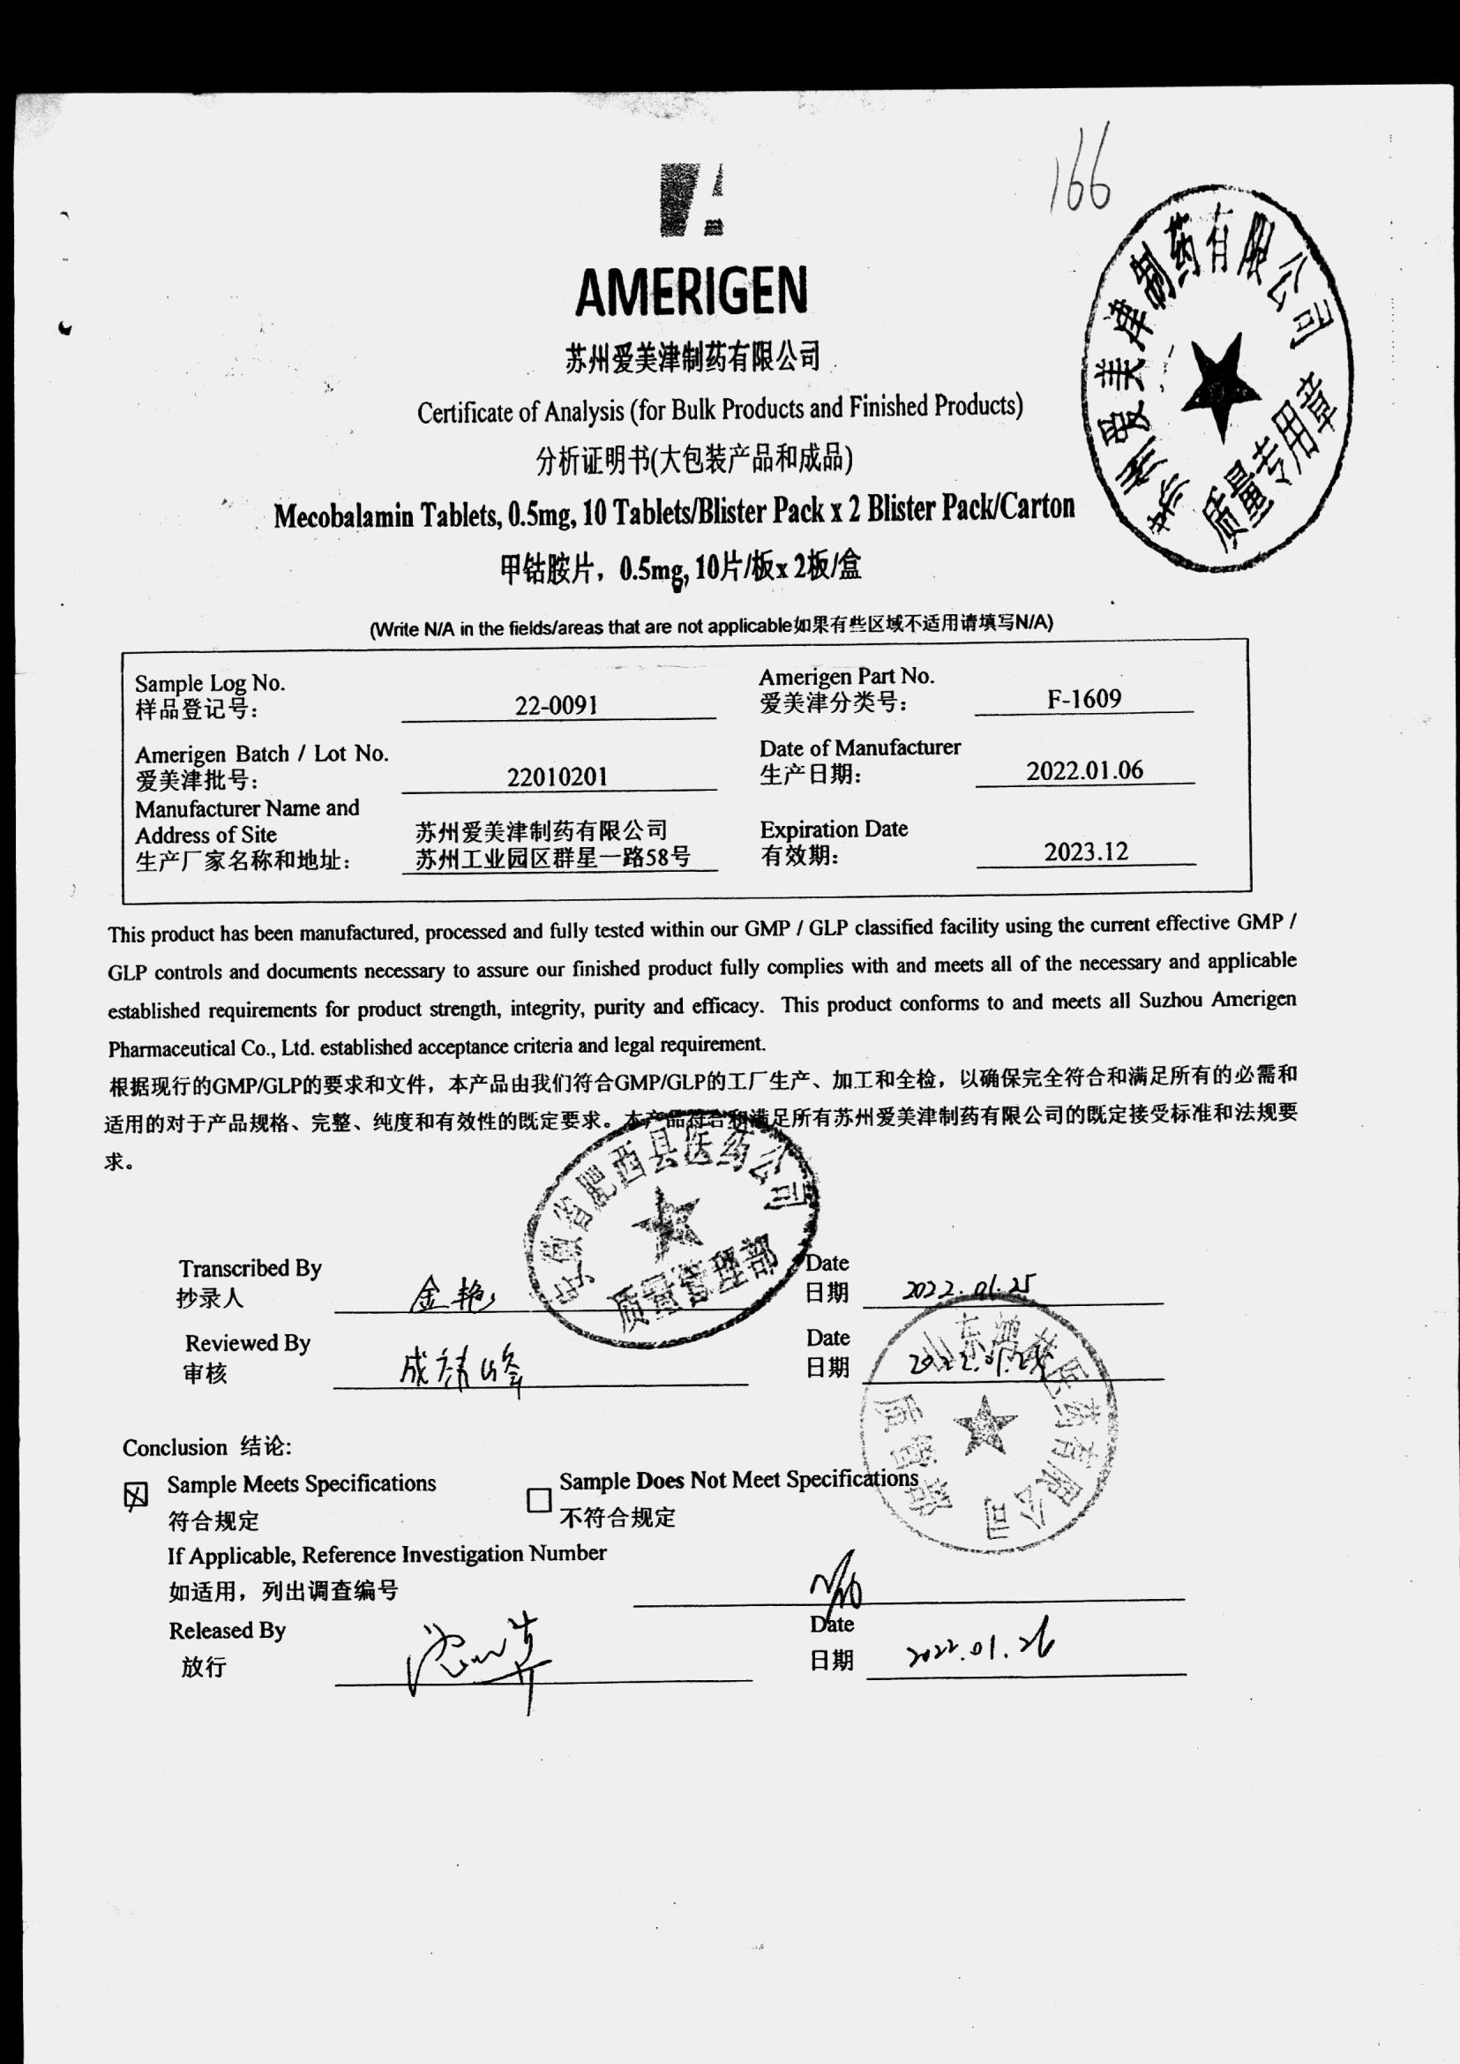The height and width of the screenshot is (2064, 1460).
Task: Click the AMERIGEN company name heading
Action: pos(691,290)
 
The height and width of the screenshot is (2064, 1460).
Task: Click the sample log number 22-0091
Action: pos(557,705)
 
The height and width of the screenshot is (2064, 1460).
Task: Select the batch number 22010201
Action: pos(558,777)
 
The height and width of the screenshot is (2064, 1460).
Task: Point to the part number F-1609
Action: pos(1084,699)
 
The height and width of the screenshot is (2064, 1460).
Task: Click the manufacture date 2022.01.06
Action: pos(1084,769)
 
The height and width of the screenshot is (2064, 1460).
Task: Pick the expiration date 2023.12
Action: pos(1085,851)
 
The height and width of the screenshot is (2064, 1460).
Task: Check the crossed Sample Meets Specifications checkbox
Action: pos(135,1496)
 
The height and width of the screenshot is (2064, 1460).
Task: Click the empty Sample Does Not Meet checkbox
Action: pos(538,1499)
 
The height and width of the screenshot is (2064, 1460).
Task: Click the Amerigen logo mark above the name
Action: pos(692,200)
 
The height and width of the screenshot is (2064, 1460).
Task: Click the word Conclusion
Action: pos(176,1447)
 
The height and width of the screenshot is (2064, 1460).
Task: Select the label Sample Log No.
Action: pos(209,684)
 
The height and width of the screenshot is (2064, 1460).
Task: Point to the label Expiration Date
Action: pos(834,829)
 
